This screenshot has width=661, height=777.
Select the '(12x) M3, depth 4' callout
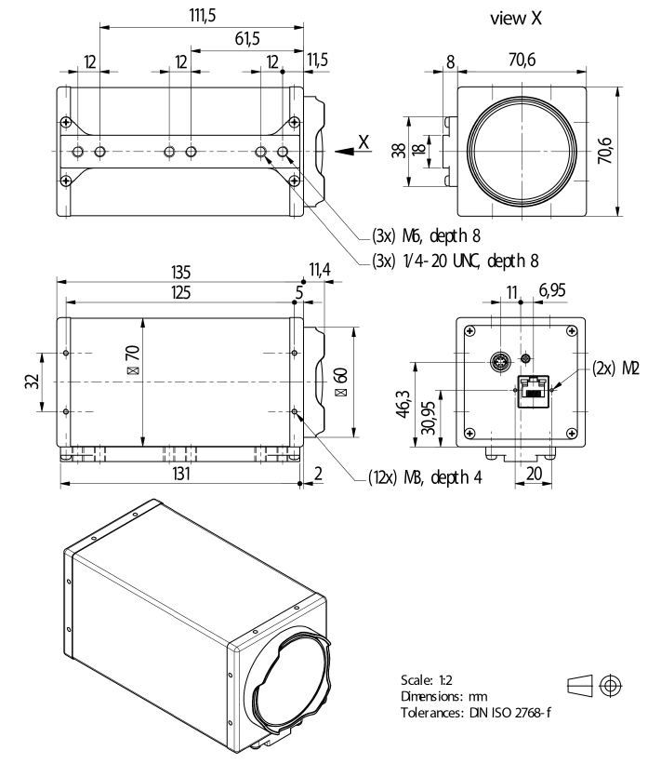pos(416,478)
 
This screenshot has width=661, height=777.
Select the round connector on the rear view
pos(498,359)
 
